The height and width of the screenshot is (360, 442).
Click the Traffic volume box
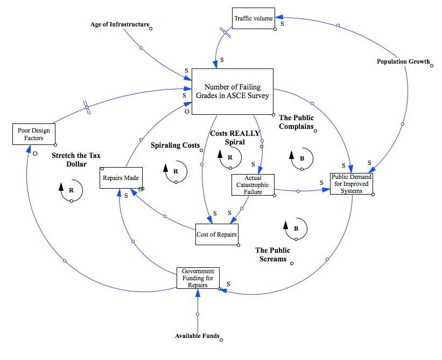point(254,19)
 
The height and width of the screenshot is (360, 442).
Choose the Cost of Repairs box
point(216,234)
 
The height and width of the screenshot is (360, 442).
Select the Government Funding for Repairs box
point(198,278)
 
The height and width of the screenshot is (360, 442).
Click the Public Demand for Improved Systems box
point(351,184)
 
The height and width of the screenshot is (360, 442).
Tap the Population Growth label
point(403,61)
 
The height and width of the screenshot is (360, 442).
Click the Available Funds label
point(197,336)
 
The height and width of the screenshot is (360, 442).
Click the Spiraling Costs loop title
point(175,146)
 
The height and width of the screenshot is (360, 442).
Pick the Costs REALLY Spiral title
point(235,137)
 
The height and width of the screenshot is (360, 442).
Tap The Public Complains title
point(296,122)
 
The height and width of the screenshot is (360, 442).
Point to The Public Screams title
point(272,254)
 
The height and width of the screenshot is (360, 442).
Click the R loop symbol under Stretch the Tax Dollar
point(71,190)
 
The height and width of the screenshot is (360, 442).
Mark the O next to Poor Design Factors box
point(34,153)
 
